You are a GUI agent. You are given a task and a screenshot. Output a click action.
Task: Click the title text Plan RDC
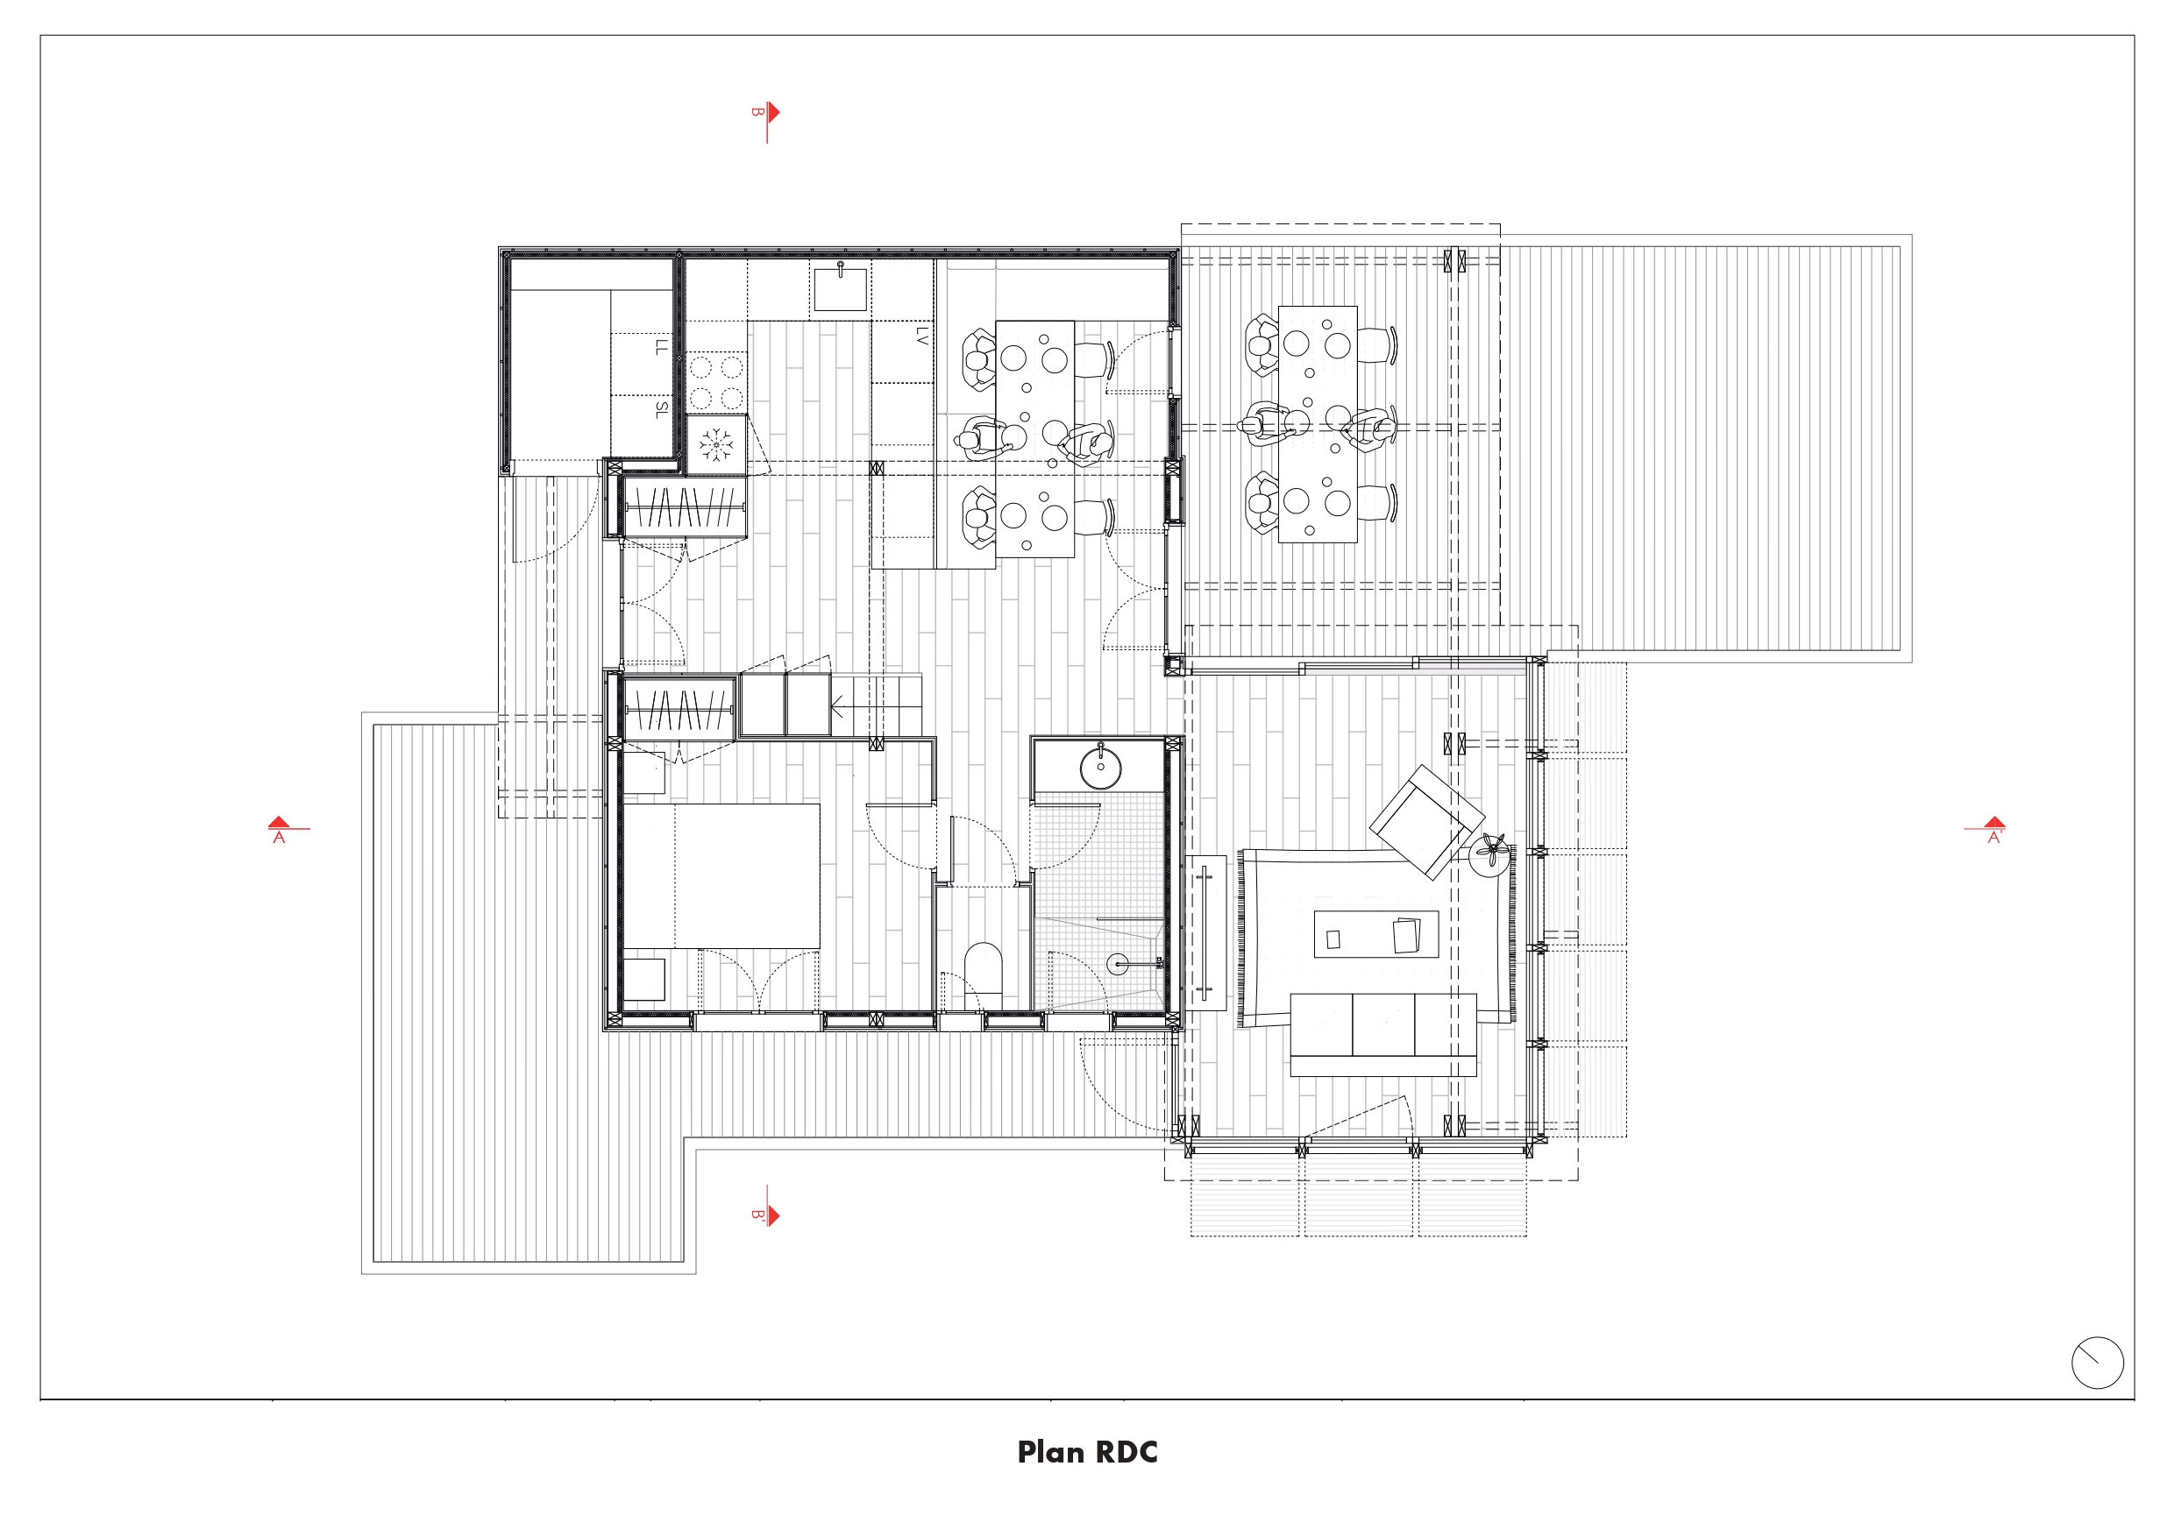1087,1452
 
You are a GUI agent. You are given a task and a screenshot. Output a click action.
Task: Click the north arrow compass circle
2097,1363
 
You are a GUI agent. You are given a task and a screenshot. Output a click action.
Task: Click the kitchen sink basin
840,290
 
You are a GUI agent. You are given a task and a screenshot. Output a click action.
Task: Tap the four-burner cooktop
716,383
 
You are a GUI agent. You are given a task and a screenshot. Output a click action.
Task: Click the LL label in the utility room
661,347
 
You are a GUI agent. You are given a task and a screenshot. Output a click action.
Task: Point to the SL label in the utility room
661,409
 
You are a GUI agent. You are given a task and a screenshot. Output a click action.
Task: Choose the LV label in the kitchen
921,336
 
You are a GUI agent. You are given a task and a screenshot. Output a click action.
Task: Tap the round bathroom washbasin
1100,767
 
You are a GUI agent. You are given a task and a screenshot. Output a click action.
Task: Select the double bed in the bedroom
721,876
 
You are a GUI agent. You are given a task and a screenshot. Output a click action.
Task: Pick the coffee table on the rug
1376,935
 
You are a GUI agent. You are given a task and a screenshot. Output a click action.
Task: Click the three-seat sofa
1383,1034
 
